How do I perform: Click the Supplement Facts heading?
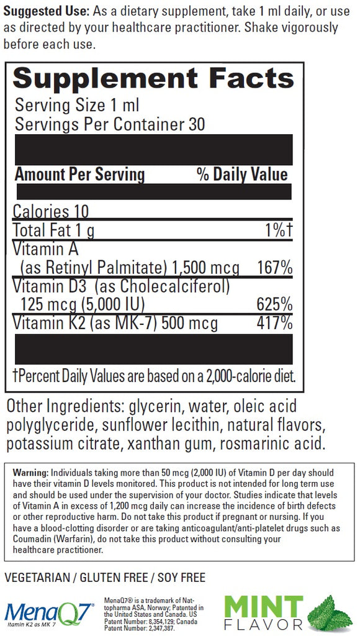(153, 79)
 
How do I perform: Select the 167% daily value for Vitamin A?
(275, 268)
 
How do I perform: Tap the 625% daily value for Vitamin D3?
(275, 304)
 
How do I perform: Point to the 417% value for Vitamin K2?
(275, 323)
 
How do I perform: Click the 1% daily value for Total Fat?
(278, 230)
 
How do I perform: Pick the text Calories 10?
(51, 211)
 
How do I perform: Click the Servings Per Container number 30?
(197, 124)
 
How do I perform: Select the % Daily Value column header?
(242, 175)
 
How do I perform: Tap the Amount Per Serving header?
(79, 175)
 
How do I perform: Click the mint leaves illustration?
(330, 612)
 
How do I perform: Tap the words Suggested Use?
(46, 11)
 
